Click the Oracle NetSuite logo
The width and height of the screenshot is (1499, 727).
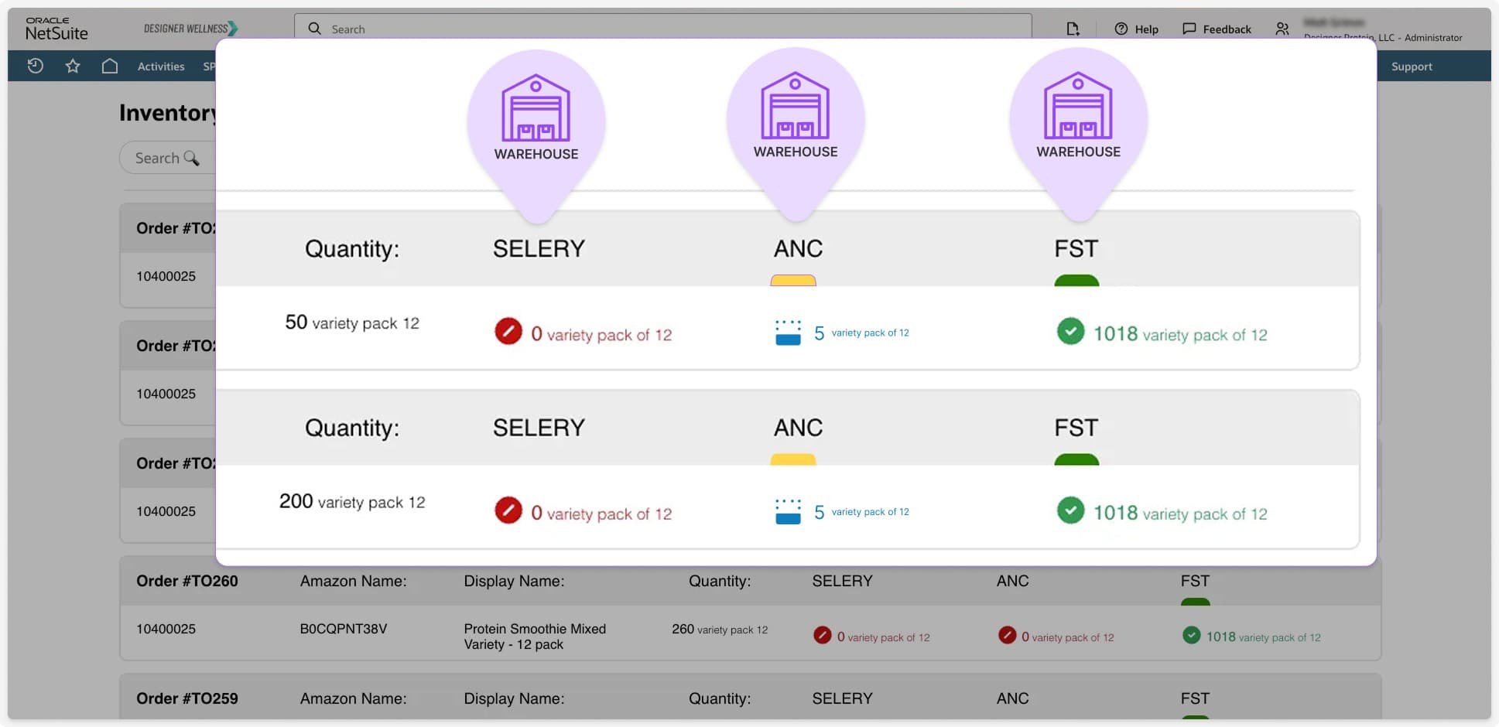click(x=56, y=29)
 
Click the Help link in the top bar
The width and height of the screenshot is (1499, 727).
click(x=1136, y=29)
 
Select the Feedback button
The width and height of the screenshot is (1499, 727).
click(x=1217, y=29)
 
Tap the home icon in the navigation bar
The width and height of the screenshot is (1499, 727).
click(x=110, y=67)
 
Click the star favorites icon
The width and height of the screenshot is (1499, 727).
click(x=73, y=67)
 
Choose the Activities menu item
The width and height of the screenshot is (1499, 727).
click(x=161, y=67)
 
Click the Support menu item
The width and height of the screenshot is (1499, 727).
click(x=1412, y=67)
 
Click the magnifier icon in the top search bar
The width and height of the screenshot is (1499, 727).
click(x=314, y=29)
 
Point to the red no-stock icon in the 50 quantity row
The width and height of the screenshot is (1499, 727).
click(x=508, y=331)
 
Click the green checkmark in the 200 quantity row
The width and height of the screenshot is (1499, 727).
click(x=1070, y=510)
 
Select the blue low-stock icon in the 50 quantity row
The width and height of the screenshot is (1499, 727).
click(x=788, y=333)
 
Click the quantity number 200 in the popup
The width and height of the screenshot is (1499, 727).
click(x=296, y=501)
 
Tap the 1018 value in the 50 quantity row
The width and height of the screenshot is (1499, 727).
click(x=1115, y=333)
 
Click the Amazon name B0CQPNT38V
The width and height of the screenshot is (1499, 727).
click(x=343, y=629)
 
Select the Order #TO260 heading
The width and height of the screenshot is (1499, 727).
click(x=187, y=581)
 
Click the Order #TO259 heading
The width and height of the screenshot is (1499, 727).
click(x=187, y=698)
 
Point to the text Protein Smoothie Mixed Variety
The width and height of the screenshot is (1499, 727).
click(x=535, y=637)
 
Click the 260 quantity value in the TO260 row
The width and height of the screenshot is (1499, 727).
click(x=683, y=629)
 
